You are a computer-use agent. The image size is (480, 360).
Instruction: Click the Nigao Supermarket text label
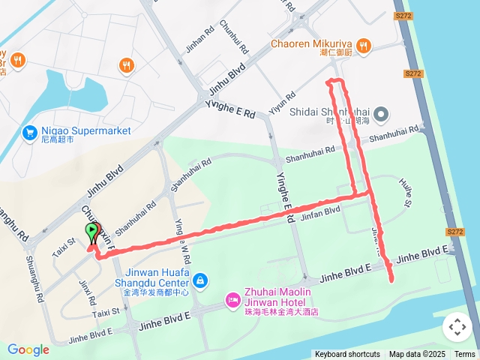(85, 130)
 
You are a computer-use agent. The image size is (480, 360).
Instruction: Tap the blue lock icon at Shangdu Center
(199, 280)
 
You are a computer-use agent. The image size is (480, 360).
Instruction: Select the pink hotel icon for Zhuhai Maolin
(232, 301)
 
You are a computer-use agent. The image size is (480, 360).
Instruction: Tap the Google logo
(28, 350)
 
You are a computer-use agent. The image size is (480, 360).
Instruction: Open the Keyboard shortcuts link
(347, 354)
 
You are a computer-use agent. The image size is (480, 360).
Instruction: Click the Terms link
(464, 354)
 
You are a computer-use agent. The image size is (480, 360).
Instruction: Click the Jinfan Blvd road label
(320, 213)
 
